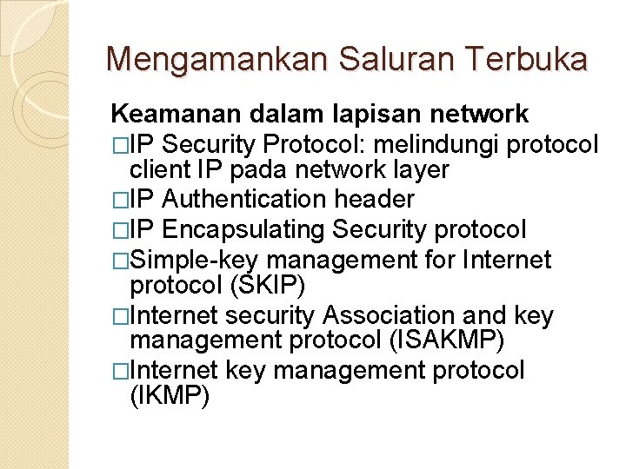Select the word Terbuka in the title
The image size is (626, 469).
[x=527, y=59]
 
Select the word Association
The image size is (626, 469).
[x=410, y=316]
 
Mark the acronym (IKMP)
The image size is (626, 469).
[x=170, y=398]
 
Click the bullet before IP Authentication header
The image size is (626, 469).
[x=120, y=201]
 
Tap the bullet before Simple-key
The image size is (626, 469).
[x=120, y=261]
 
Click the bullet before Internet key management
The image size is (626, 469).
[x=120, y=372]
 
